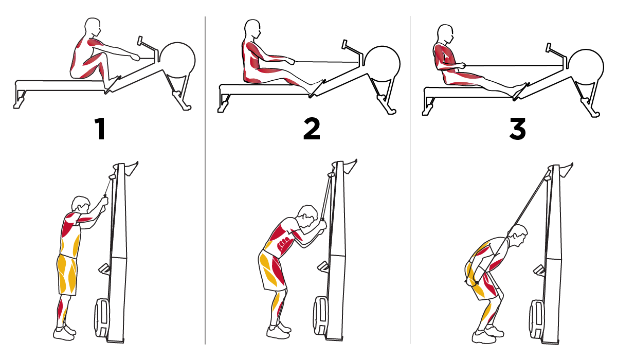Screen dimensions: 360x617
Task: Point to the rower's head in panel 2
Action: pos(253,31)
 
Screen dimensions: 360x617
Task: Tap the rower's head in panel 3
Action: pos(445,33)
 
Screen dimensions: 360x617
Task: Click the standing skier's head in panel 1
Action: pos(82,205)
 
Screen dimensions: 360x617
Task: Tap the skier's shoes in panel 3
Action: pos(486,337)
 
